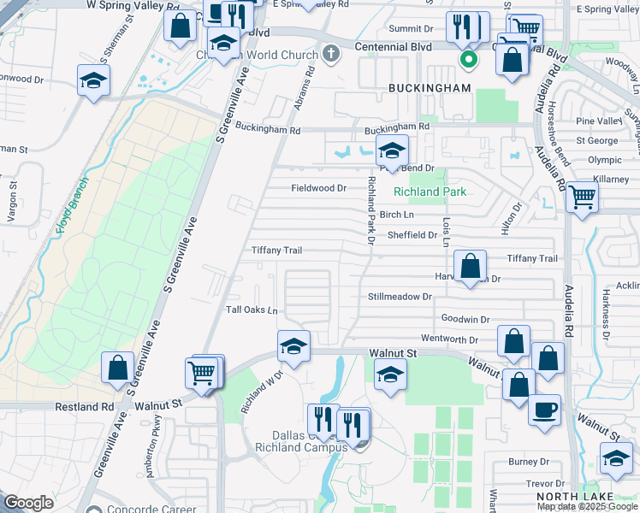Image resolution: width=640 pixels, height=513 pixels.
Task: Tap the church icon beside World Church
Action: pyautogui.click(x=332, y=55)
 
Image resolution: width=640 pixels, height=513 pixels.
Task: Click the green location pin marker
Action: pyautogui.click(x=467, y=59)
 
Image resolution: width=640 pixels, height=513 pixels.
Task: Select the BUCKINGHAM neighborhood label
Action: pyautogui.click(x=430, y=88)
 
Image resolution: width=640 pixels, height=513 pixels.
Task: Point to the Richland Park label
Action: pyautogui.click(x=430, y=192)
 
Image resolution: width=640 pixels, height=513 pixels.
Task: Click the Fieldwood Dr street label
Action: pyautogui.click(x=318, y=188)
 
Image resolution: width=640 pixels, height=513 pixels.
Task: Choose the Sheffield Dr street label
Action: pyautogui.click(x=412, y=234)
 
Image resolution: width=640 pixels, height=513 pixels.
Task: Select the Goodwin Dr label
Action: pyautogui.click(x=465, y=318)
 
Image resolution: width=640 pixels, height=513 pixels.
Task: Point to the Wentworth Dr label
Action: pyautogui.click(x=469, y=339)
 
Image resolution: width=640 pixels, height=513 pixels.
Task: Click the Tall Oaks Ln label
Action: pyautogui.click(x=252, y=310)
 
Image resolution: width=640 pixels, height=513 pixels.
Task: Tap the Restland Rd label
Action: pyautogui.click(x=85, y=407)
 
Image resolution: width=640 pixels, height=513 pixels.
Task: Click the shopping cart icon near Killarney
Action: pyautogui.click(x=582, y=196)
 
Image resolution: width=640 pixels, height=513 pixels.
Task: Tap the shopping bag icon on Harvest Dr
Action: pyautogui.click(x=470, y=266)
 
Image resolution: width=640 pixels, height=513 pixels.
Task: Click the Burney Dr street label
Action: pyautogui.click(x=522, y=463)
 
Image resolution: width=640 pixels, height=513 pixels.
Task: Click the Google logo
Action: pyautogui.click(x=29, y=503)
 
